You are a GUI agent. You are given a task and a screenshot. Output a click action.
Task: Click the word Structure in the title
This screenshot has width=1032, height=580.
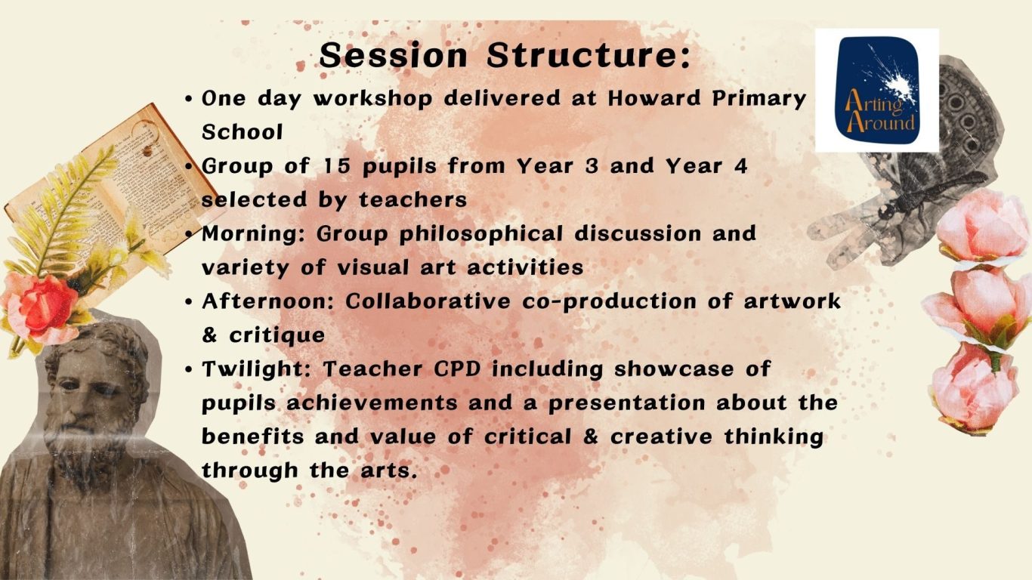click(589, 55)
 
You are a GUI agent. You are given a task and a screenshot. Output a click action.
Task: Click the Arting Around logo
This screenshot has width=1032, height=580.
click(876, 90)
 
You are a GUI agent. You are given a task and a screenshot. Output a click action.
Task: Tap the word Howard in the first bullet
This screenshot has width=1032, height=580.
click(654, 98)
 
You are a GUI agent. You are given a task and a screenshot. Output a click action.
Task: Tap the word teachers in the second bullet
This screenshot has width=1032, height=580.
click(413, 200)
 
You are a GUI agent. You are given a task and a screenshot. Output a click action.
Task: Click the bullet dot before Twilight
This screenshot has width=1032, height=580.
click(188, 370)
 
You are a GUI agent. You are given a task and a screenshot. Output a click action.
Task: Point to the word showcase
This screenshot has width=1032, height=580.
click(674, 369)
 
